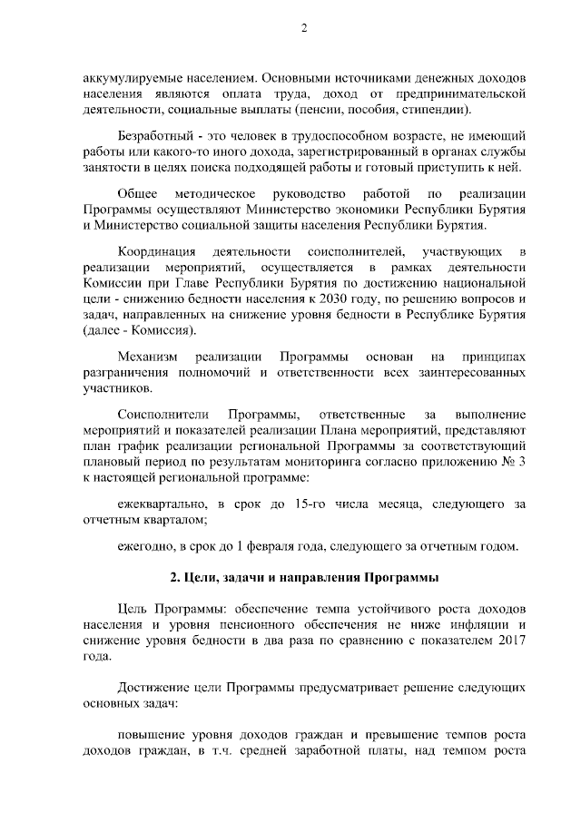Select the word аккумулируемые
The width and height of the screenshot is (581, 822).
pyautogui.click(x=124, y=78)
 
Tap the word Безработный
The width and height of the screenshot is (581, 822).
pyautogui.click(x=156, y=135)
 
